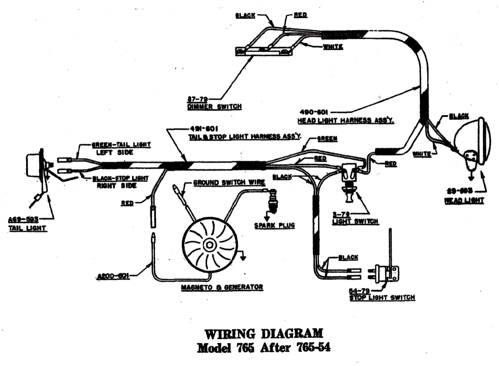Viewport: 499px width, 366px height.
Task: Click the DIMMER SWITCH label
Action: click(214, 106)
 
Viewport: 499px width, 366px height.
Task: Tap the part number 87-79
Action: click(197, 99)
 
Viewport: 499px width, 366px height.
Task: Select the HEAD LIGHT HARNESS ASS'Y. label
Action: click(346, 120)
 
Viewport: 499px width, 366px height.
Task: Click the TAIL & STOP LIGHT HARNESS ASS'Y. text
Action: click(245, 136)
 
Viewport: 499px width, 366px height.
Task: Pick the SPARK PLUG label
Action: click(274, 225)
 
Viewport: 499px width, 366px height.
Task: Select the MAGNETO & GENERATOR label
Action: click(222, 287)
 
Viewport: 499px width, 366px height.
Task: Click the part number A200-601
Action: click(113, 276)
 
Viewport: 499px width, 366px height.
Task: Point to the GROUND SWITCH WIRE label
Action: click(229, 182)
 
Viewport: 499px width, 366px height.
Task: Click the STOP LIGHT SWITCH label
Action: click(382, 297)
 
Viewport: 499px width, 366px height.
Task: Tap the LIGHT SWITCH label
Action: click(355, 221)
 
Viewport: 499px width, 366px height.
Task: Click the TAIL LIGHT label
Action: click(27, 228)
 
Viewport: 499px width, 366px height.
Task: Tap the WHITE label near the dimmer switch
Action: click(333, 47)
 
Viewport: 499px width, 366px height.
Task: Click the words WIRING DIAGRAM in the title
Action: click(264, 334)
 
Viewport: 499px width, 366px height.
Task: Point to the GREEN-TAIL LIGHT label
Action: click(121, 145)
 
